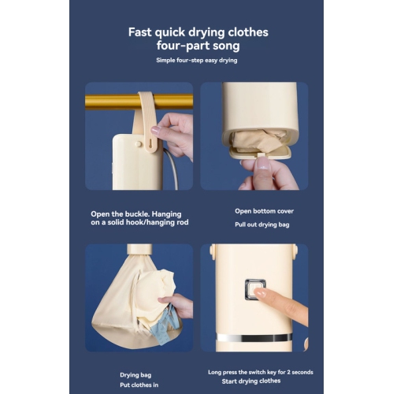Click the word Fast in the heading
pos(142,32)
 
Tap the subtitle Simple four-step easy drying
pos(197,60)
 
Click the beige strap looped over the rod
pos(146,118)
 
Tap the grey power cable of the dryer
pos(171,169)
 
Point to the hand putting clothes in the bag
pos(180,305)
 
